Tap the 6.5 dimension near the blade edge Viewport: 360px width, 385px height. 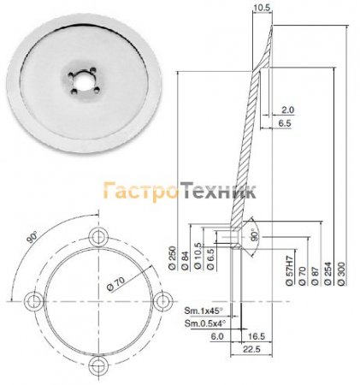click(x=287, y=124)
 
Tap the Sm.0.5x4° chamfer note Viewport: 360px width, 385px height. click(x=206, y=323)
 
